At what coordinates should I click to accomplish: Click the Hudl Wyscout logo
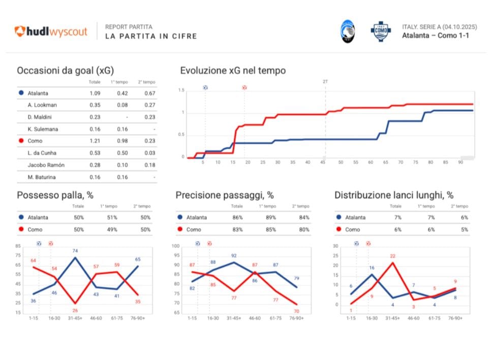coord(51,31)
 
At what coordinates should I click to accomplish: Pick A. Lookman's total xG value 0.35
coord(95,105)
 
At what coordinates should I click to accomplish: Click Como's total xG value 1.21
coord(95,141)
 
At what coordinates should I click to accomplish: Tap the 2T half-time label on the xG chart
coord(326,81)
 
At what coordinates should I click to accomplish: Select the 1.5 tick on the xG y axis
coord(181,90)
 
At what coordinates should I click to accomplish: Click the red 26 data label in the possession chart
coord(75,310)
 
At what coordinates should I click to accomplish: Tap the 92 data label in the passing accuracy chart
coord(234,256)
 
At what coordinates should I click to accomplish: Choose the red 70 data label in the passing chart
coord(296,311)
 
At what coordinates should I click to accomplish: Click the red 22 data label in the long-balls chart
coord(392,256)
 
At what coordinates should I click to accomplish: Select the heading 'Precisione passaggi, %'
coord(225,195)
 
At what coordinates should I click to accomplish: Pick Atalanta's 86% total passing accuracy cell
coord(237,217)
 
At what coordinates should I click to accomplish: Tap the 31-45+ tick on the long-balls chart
coord(392,318)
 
